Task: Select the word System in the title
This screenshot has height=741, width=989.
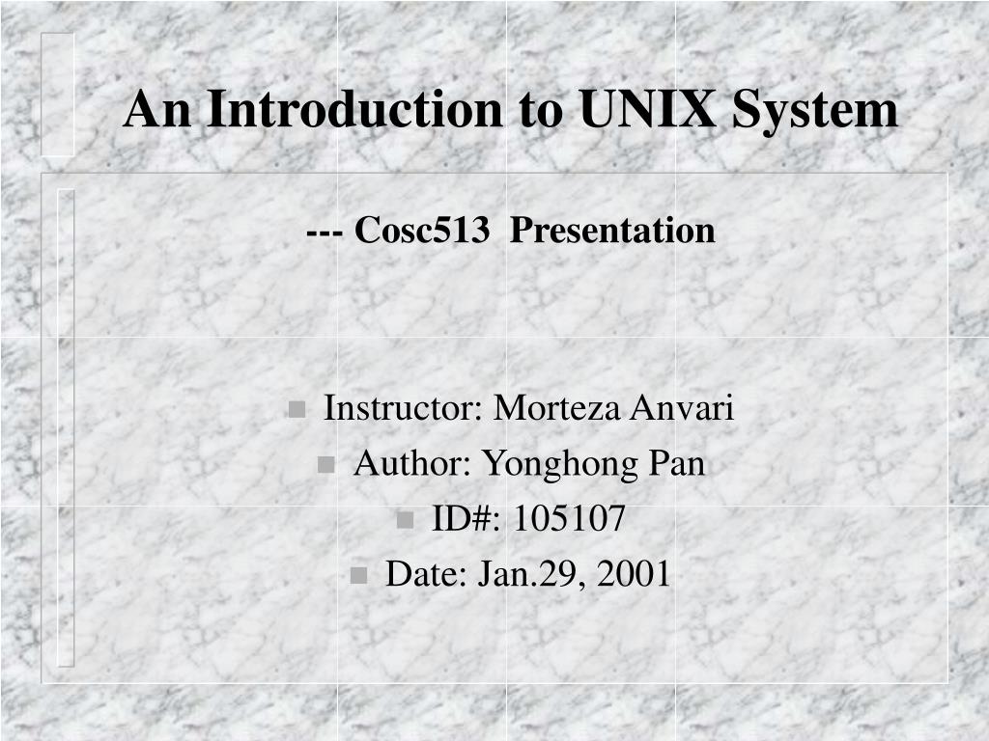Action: (815, 112)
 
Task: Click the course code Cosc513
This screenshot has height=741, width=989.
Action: (422, 230)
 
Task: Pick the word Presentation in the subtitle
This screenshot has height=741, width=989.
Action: (612, 230)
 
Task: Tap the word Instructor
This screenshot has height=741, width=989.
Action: (403, 408)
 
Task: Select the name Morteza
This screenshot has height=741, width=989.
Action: (557, 408)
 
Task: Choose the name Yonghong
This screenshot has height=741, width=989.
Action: (561, 465)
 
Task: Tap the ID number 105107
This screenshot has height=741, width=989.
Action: (569, 518)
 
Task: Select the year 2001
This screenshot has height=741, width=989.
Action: (633, 574)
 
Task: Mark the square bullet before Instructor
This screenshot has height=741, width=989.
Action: (297, 409)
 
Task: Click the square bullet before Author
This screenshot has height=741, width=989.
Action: (326, 465)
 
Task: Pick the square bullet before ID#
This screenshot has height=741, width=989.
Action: (405, 520)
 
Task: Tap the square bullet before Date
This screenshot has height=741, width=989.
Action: (358, 576)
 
